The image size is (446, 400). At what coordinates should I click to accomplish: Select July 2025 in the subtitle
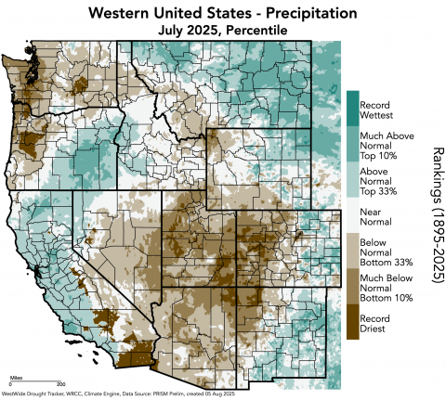[190, 31]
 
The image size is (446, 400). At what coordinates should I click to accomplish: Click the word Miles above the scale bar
[16, 377]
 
